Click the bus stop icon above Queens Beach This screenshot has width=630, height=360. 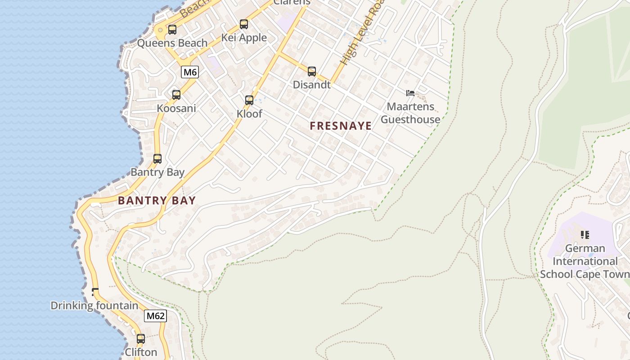pyautogui.click(x=172, y=30)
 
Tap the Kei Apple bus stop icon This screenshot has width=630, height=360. pyautogui.click(x=243, y=24)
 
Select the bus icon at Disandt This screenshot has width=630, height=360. pyautogui.click(x=311, y=71)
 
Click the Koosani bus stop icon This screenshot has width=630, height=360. pyautogui.click(x=176, y=95)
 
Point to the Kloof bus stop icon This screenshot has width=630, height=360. pyautogui.click(x=249, y=100)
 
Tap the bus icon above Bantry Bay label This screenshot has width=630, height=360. pyautogui.click(x=157, y=159)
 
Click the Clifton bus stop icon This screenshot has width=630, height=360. pyautogui.click(x=140, y=339)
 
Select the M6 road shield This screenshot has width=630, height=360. pyautogui.click(x=190, y=72)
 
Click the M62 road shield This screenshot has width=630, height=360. pyautogui.click(x=155, y=316)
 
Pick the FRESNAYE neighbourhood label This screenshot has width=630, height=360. pyautogui.click(x=341, y=126)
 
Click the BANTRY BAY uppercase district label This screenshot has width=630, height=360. pyautogui.click(x=157, y=201)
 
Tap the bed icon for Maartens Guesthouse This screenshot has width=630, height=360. pyautogui.click(x=410, y=94)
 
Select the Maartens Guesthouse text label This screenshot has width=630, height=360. pyautogui.click(x=410, y=113)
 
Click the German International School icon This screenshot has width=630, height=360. pyautogui.click(x=585, y=234)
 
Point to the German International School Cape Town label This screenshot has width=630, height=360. pyautogui.click(x=585, y=261)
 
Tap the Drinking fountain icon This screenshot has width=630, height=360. pyautogui.click(x=95, y=292)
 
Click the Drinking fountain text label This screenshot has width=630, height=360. pyautogui.click(x=94, y=306)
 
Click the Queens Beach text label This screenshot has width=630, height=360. pyautogui.click(x=172, y=43)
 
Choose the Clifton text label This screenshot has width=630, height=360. pyautogui.click(x=141, y=352)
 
